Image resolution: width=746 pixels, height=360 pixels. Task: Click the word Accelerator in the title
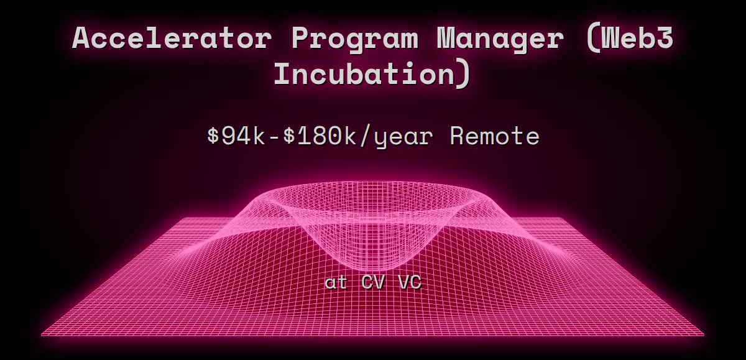[172, 39]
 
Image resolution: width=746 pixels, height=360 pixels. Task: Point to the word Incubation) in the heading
[372, 75]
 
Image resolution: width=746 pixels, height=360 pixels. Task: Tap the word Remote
[494, 136]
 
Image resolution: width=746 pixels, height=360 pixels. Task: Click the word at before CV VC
[336, 282]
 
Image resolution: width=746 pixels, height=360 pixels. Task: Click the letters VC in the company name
[409, 282]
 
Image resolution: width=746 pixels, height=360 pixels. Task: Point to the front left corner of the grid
[42, 335]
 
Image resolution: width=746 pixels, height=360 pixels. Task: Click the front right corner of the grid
[704, 335]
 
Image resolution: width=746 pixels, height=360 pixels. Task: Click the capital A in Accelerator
[83, 39]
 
